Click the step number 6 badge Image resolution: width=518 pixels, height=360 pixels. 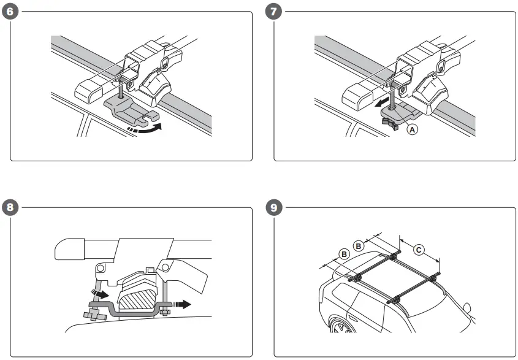coord(10,12)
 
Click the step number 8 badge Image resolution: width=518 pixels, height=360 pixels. coord(10,207)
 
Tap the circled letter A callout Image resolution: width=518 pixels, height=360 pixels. coord(413,129)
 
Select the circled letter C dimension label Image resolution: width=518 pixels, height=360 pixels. coord(418,250)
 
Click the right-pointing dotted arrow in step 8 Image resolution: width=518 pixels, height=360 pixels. coord(183,303)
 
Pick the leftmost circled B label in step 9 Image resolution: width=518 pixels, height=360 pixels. coord(345,253)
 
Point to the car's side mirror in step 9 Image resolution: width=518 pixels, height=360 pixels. coord(467,308)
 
